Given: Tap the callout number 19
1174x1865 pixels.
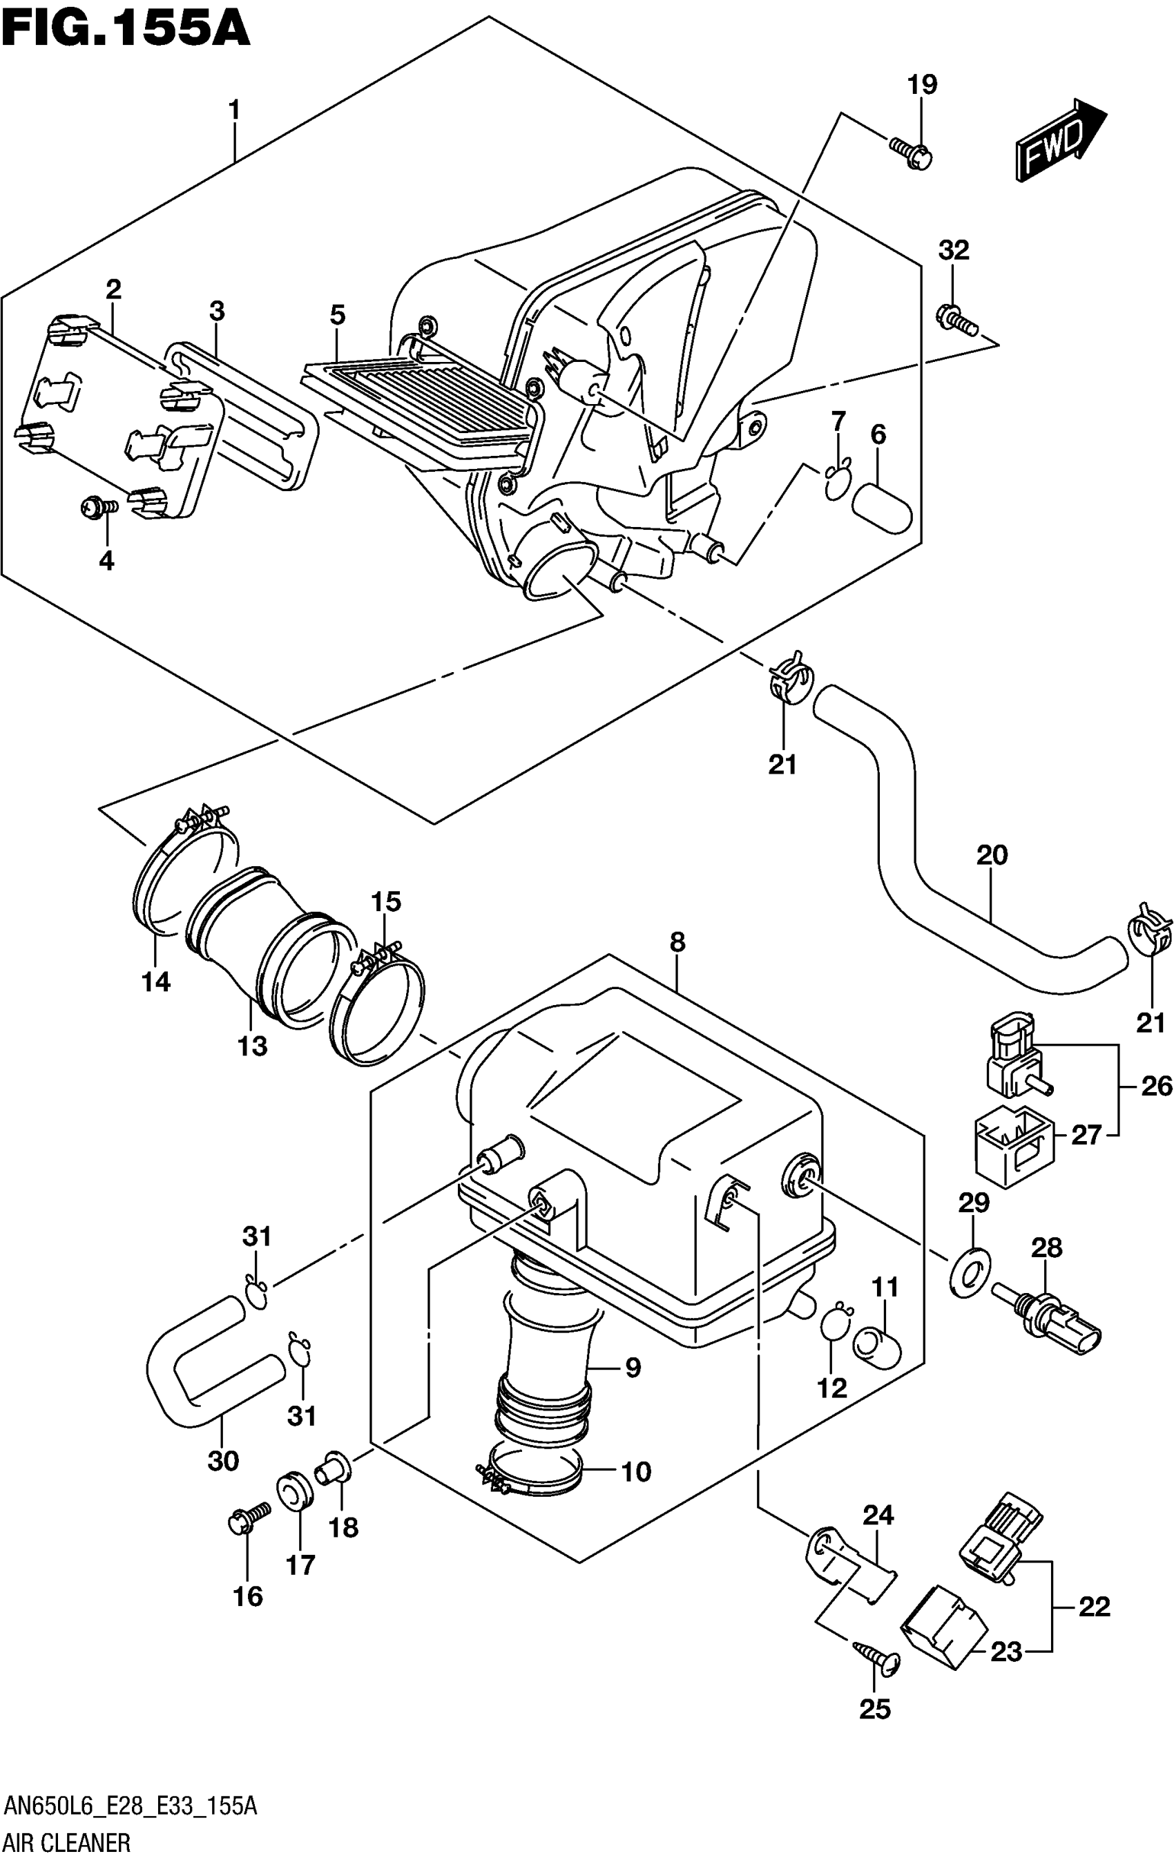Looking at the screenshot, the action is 923,84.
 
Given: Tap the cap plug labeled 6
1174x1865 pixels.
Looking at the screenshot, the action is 882,507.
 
